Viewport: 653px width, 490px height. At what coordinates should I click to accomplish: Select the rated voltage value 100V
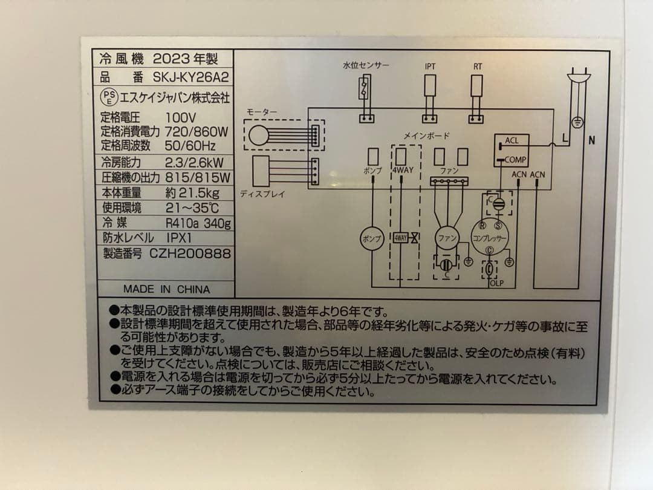180,117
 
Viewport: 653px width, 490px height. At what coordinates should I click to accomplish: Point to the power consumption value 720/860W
196,131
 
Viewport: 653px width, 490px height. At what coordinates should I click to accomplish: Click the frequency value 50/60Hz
190,146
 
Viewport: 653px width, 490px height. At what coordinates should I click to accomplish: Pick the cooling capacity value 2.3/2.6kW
194,162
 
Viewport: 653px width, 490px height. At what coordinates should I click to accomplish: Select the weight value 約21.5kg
191,193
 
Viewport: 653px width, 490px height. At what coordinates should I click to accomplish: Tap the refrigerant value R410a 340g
198,223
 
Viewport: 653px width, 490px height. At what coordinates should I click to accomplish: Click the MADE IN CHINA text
166,289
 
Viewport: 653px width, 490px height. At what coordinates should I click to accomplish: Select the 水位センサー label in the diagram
366,65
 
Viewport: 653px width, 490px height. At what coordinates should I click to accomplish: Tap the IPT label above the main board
430,67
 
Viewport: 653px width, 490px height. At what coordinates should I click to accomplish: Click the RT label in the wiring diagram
478,67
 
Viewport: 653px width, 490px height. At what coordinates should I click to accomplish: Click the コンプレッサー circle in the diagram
490,237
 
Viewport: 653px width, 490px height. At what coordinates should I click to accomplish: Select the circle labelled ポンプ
372,238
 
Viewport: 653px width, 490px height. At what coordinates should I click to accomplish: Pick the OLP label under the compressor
496,283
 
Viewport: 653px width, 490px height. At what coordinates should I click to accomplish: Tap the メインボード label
426,136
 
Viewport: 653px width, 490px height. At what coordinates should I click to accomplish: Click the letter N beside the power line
591,140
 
